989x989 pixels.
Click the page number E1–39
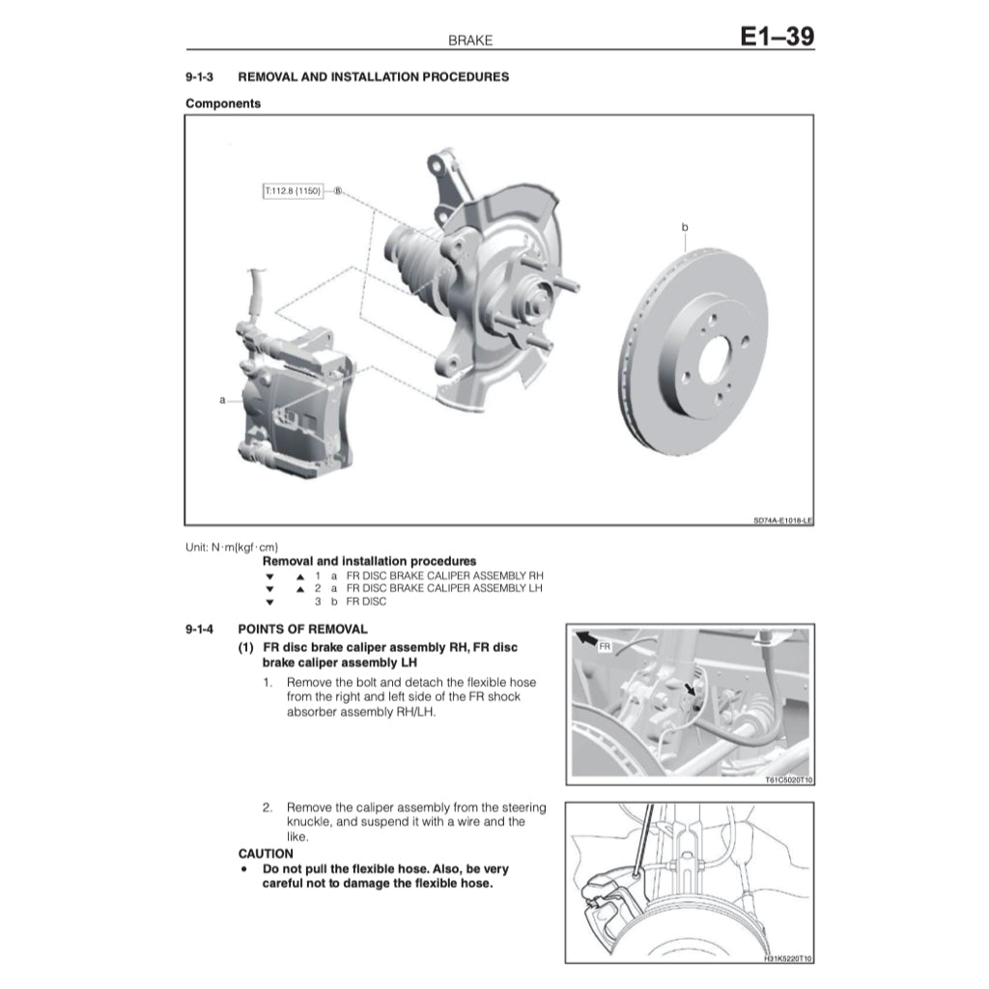[777, 37]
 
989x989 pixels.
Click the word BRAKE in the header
[470, 41]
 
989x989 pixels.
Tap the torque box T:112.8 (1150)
[292, 191]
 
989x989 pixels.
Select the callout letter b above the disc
[685, 227]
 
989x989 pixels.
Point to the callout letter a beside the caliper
[223, 399]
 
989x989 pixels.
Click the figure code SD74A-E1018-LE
[782, 520]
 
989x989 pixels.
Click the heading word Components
[223, 103]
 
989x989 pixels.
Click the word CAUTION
[266, 854]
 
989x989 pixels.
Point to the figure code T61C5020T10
[788, 780]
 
